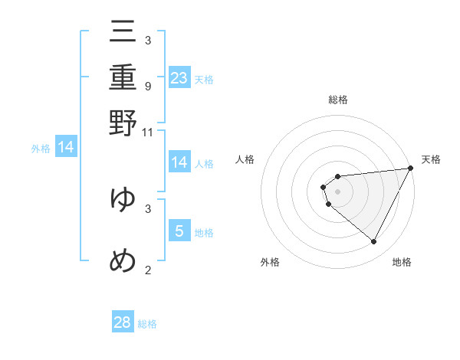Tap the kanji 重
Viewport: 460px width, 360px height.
(x=123, y=78)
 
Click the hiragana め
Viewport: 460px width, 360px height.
(x=123, y=261)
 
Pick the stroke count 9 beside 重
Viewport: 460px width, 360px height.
(x=148, y=87)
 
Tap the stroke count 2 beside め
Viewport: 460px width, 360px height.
(x=148, y=270)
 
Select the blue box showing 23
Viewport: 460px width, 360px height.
(x=179, y=77)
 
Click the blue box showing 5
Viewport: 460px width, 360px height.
(x=179, y=231)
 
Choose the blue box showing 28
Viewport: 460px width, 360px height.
(x=123, y=322)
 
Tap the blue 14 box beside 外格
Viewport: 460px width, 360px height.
(x=66, y=147)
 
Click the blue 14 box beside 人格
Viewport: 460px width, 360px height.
(x=179, y=162)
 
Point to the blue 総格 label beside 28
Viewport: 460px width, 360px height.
(x=147, y=324)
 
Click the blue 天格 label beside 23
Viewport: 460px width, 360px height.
(x=204, y=79)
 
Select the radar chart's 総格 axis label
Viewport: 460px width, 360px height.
(x=337, y=100)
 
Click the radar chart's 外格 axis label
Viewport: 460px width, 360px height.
(x=270, y=262)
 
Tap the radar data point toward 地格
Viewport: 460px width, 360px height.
(x=373, y=242)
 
